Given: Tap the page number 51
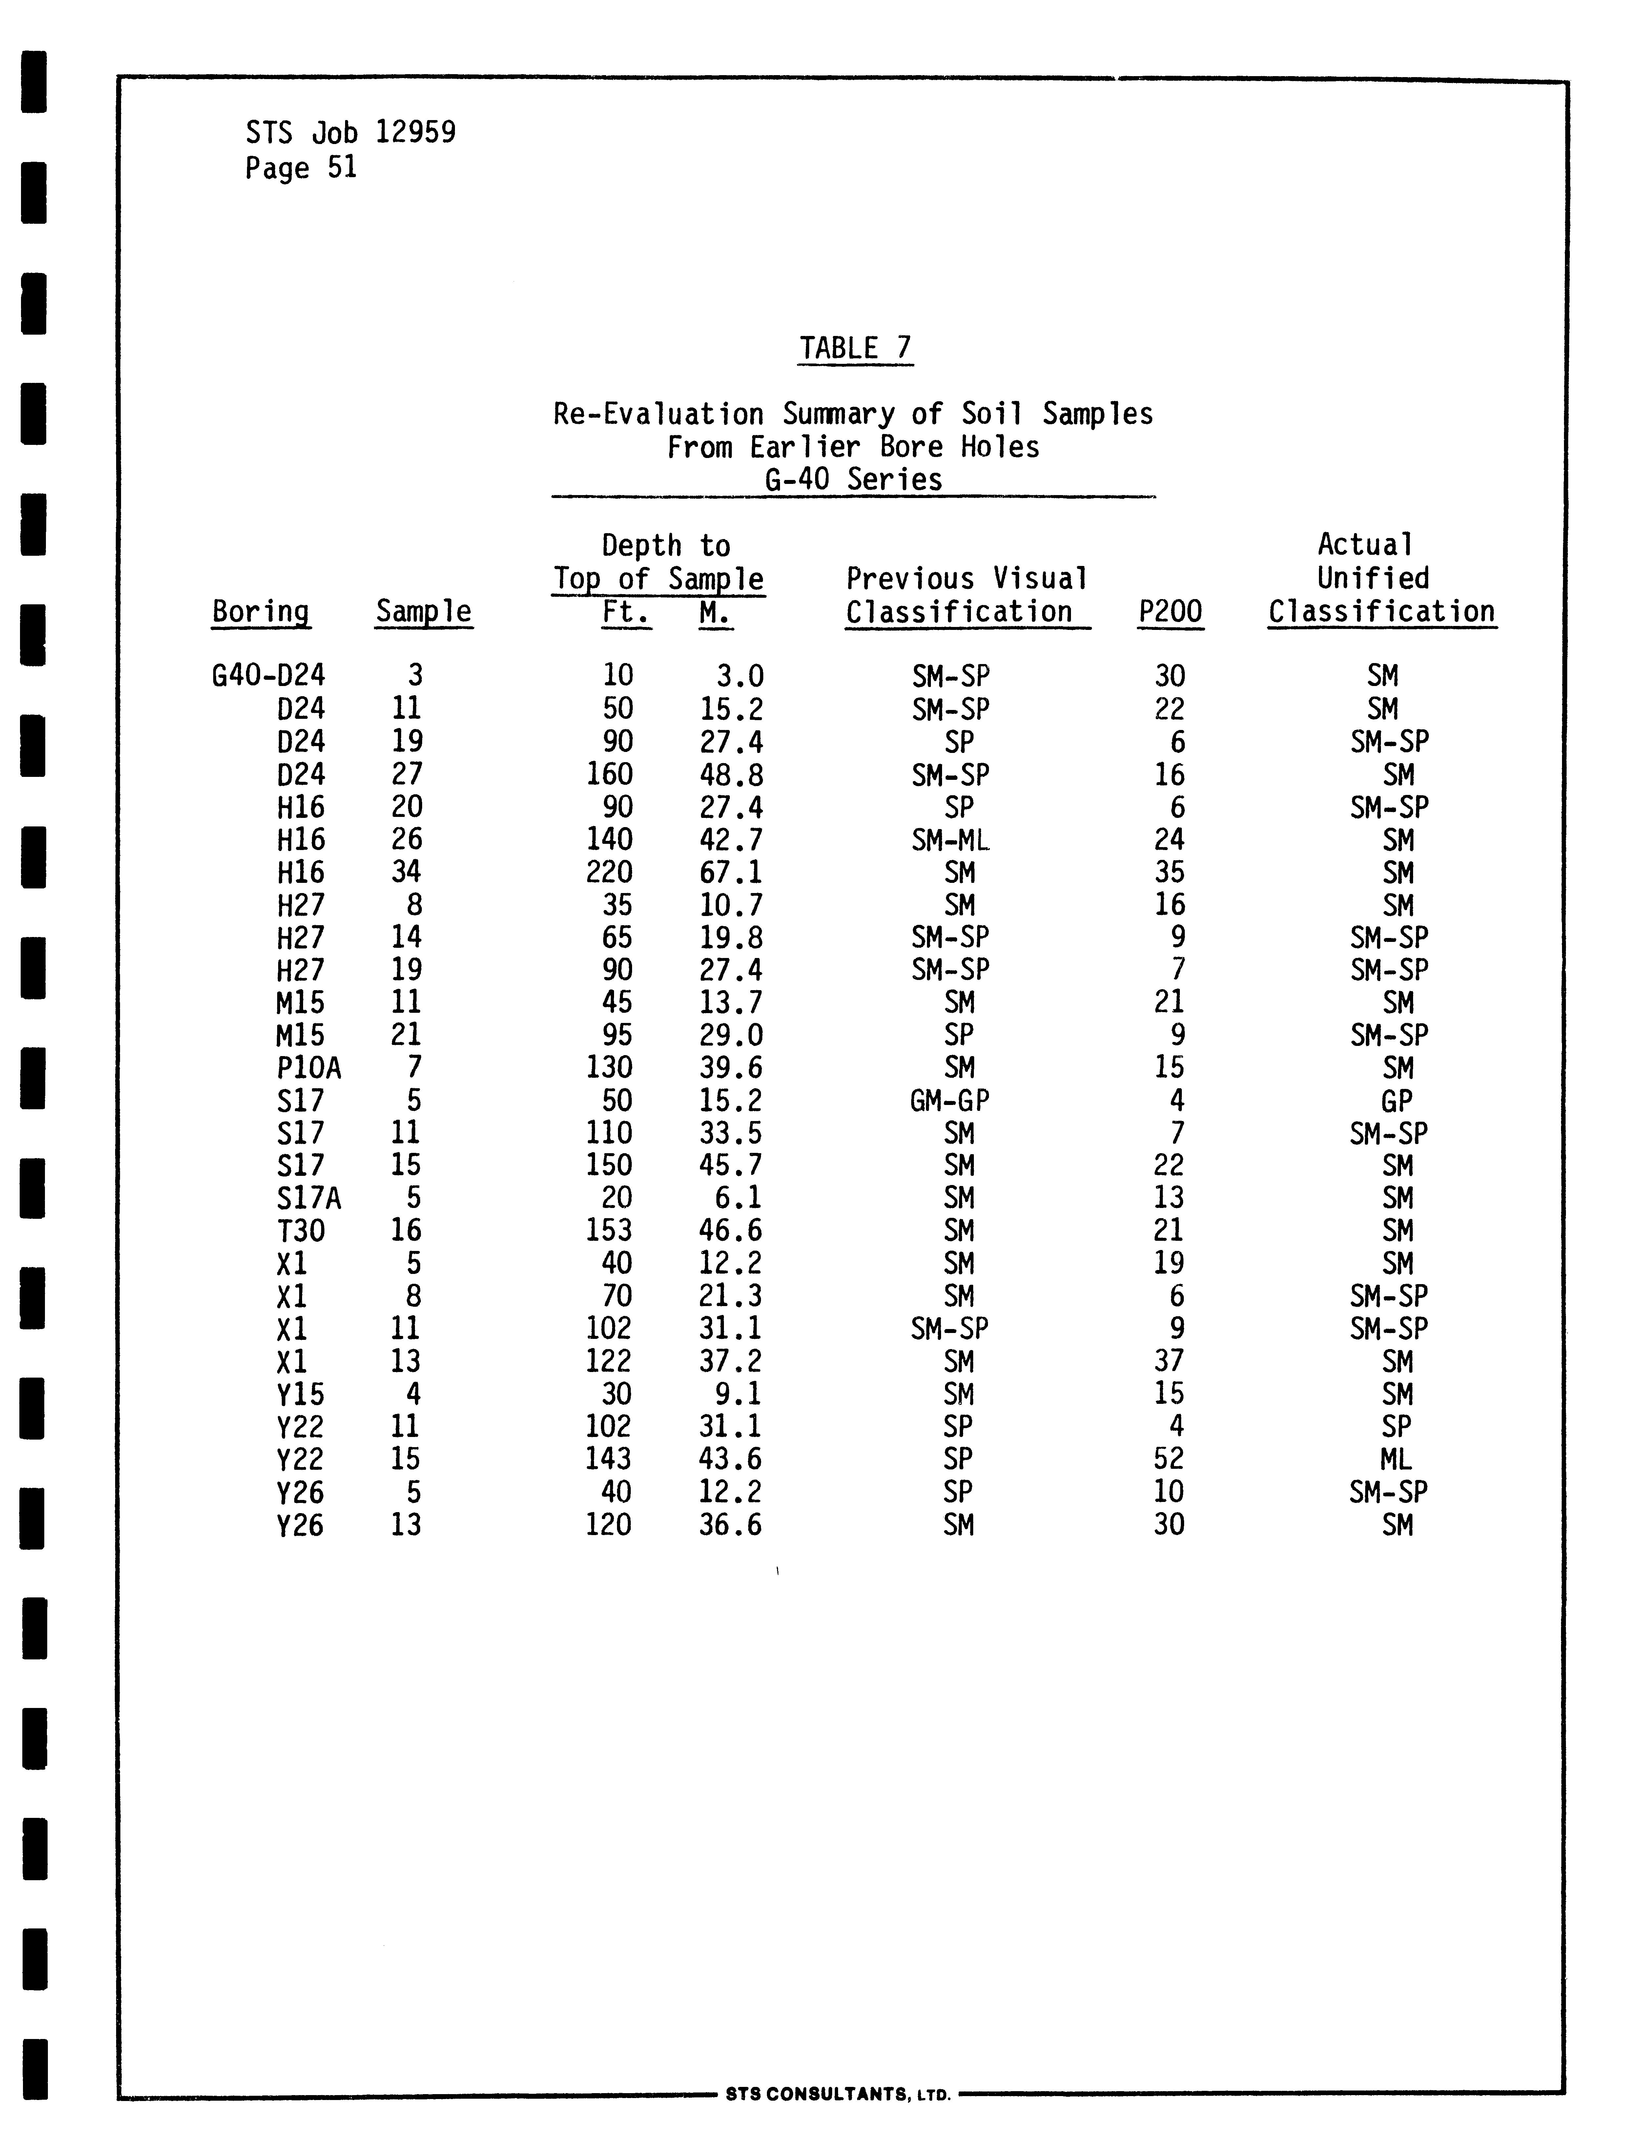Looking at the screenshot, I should [x=341, y=168].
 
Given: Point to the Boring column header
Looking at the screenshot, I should [x=260, y=612].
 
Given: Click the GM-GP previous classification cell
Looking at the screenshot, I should [x=949, y=1101].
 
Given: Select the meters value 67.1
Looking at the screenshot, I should [x=731, y=872].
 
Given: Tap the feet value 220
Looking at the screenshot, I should [x=609, y=872].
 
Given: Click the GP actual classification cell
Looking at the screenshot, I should [x=1396, y=1101].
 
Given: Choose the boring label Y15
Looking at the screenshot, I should [x=300, y=1393].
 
